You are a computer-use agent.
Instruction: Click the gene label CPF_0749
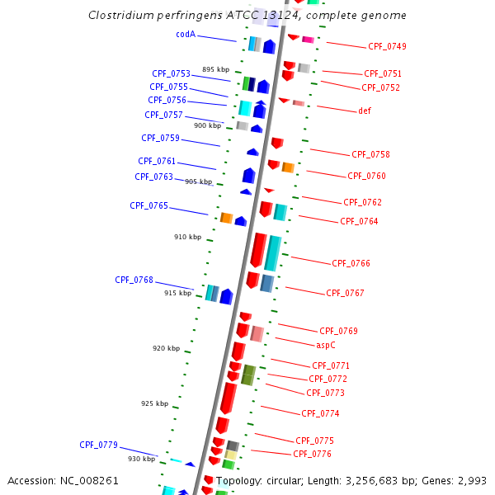pos(386,47)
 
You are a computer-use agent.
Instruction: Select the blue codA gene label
pos(186,34)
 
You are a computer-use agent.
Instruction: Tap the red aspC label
pos(326,345)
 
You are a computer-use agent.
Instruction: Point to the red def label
pos(365,111)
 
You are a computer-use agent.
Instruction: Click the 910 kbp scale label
pos(187,237)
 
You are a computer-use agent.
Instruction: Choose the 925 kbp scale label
pos(154,403)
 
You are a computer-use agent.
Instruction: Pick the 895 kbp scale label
pos(214,69)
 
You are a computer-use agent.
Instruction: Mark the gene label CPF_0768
pos(134,280)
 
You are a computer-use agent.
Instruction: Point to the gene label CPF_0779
pos(98,445)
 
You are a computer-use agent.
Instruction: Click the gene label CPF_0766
pos(351,264)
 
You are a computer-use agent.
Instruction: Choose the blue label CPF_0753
pos(171,73)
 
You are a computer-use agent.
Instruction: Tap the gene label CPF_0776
pos(312,454)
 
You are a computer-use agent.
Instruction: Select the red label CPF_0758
pos(370,155)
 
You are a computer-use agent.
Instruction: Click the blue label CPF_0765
pos(148,205)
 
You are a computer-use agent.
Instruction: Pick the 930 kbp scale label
pos(141,459)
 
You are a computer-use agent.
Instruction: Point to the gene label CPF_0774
pos(320,413)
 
